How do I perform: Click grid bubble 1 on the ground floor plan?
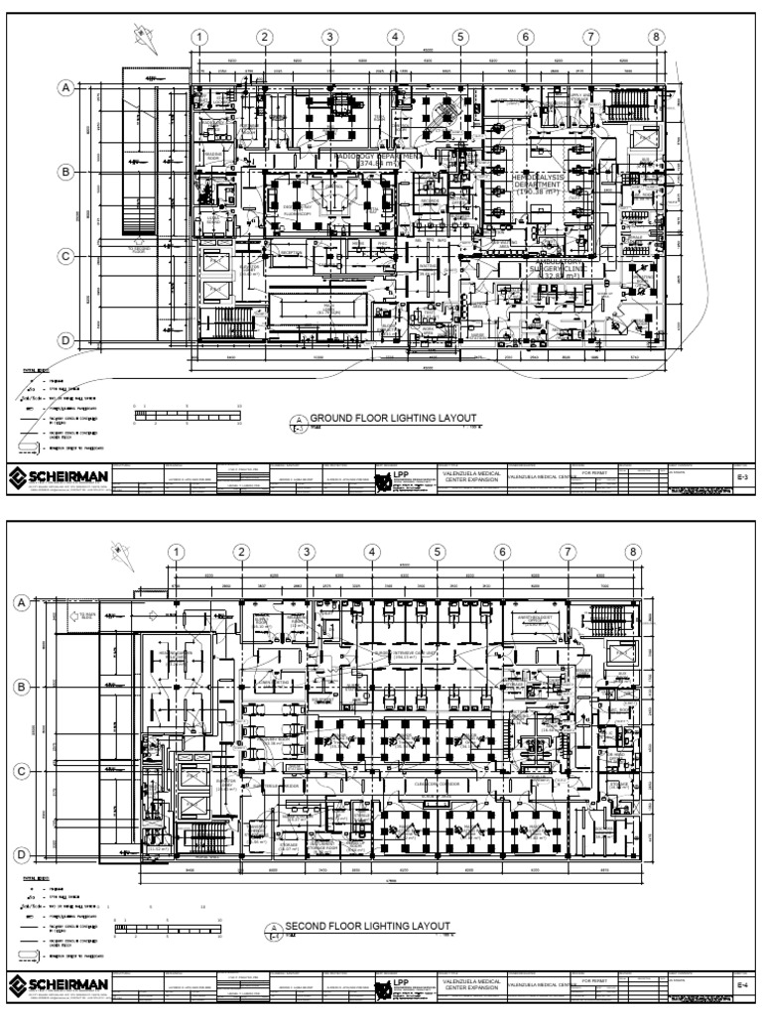199,38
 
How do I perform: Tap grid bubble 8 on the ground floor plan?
655,38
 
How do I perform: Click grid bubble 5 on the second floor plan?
436,553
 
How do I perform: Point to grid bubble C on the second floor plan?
23,770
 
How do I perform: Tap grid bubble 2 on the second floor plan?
240,553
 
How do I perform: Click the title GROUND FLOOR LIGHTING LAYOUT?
381,419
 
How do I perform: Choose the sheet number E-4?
740,984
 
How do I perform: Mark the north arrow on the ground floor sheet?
142,38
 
